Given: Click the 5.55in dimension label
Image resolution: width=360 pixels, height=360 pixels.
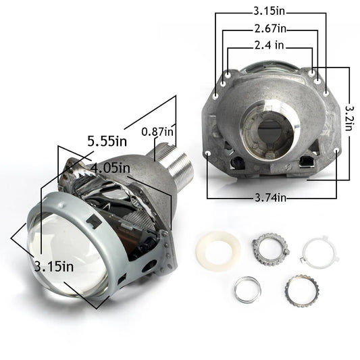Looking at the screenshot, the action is [107, 141].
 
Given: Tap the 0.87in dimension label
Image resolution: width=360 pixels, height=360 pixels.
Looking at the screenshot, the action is [157, 132].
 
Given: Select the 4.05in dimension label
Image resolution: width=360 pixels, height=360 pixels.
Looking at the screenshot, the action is [110, 168].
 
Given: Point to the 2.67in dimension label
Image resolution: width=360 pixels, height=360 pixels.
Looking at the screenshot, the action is [270, 28].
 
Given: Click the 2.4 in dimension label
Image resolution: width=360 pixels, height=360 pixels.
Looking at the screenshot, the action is [269, 45].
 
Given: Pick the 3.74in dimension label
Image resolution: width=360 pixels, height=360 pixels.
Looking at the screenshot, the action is [271, 198].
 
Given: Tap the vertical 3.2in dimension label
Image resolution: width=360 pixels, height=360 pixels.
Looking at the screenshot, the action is [349, 118].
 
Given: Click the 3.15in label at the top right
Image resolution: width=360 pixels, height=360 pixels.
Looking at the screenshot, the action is [269, 11].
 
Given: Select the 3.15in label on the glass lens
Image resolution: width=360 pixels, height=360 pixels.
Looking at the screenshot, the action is [54, 267].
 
